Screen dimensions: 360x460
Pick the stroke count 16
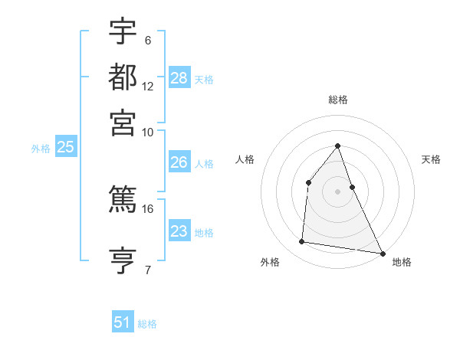point(148,208)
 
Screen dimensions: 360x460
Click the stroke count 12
point(148,87)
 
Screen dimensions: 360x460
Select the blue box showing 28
point(179,77)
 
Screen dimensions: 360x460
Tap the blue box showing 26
point(179,162)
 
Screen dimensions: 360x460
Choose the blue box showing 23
point(179,231)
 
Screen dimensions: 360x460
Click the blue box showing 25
point(65,148)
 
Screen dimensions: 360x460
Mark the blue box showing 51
point(123,322)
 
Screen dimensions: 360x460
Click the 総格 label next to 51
point(147,324)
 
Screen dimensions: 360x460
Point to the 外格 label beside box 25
point(41,149)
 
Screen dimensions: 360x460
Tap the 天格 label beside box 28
point(204,79)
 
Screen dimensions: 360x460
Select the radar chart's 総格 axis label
point(337,100)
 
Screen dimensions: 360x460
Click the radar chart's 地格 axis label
point(402,262)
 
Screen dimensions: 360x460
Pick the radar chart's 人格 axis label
point(245,159)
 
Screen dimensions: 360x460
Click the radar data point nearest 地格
point(382,253)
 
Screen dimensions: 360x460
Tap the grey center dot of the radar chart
point(337,191)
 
